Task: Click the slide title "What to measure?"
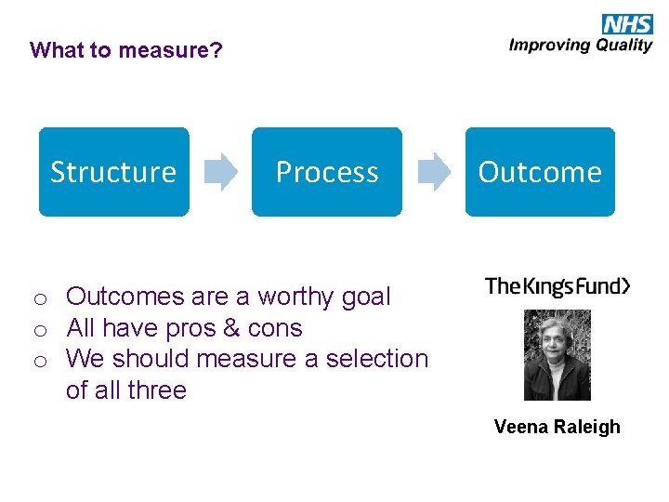coord(126,50)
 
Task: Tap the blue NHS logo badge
coord(627,24)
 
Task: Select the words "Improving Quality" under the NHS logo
coord(581,46)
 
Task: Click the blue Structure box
coord(113,172)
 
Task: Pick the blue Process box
coord(327,172)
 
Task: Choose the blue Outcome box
coord(540,172)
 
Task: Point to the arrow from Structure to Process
coord(220,172)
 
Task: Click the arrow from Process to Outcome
coord(433,172)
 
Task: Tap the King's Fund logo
coord(557,286)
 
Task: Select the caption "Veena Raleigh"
coord(557,427)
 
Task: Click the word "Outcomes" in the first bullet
coord(125,297)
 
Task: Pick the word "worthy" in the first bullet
coord(295,297)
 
